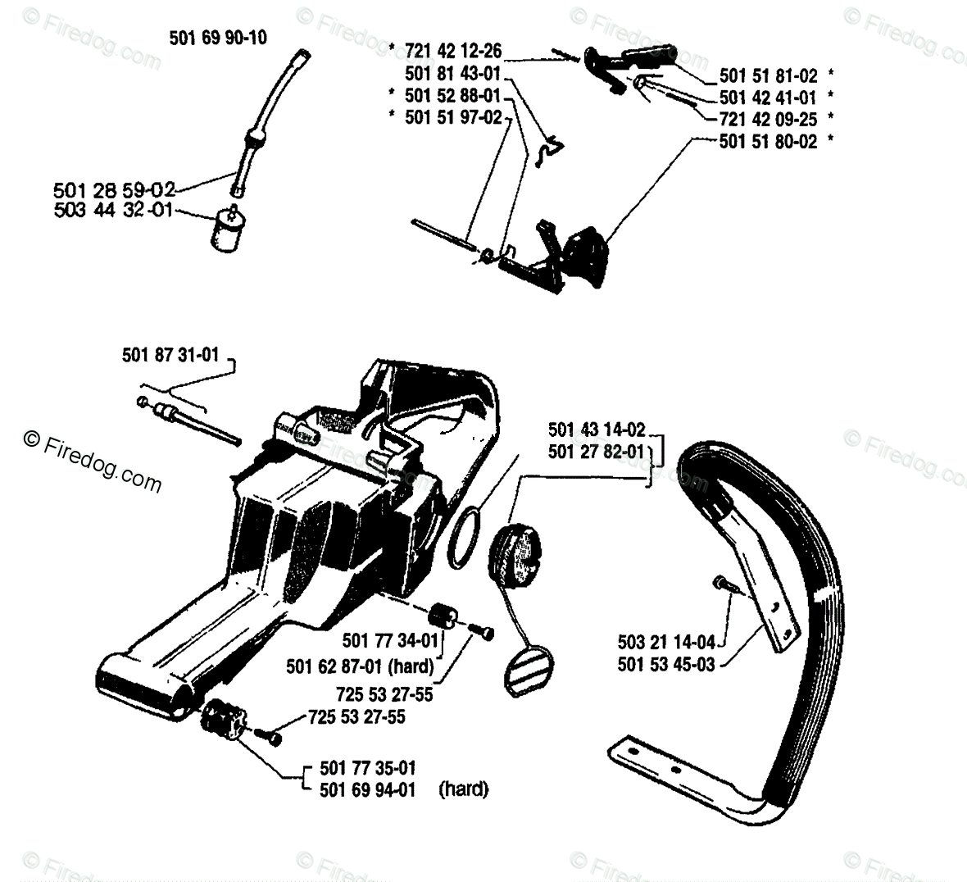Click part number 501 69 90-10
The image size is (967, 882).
(x=218, y=38)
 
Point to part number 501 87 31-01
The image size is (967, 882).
(x=170, y=355)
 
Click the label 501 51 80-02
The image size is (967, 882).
(x=768, y=141)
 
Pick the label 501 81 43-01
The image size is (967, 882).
(x=452, y=74)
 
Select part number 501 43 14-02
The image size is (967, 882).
(x=597, y=429)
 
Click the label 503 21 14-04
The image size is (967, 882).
(x=666, y=642)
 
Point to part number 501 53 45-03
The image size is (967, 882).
(x=666, y=663)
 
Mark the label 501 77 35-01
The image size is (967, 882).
(x=368, y=768)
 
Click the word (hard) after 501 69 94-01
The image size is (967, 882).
(x=464, y=789)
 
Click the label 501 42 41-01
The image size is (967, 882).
(x=768, y=98)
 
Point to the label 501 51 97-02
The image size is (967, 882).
(x=452, y=118)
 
